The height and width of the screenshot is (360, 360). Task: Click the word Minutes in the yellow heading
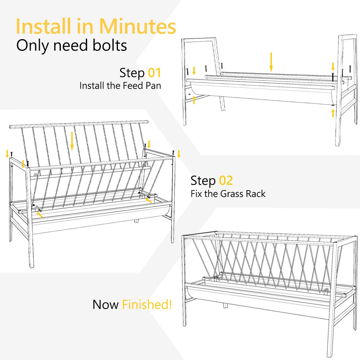click(137, 26)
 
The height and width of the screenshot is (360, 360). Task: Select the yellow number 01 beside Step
click(154, 73)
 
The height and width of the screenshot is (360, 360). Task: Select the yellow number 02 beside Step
click(226, 180)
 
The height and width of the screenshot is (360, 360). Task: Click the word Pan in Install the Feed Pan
click(153, 86)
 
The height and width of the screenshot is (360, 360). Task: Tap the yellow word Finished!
click(147, 304)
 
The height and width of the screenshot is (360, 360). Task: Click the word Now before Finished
click(105, 305)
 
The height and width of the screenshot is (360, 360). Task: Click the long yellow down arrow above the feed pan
click(271, 62)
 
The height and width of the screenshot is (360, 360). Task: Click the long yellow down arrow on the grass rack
click(72, 141)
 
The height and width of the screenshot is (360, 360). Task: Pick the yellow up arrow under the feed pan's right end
click(333, 113)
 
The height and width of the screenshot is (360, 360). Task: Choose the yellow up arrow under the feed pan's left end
click(194, 100)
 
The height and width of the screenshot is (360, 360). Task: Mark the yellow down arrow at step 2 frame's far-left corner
click(7, 154)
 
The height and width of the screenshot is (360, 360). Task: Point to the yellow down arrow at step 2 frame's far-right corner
click(179, 154)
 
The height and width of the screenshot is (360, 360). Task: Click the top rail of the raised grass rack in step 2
click(79, 124)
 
